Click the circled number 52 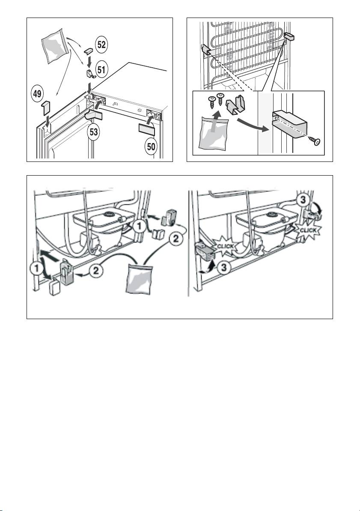[x=101, y=45]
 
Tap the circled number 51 [x=101, y=70]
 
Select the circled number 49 [x=37, y=94]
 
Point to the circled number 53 [x=94, y=132]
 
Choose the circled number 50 [x=151, y=146]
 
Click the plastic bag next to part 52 [x=54, y=46]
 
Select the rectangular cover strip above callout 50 [x=146, y=128]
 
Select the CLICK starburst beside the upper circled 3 [x=307, y=230]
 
